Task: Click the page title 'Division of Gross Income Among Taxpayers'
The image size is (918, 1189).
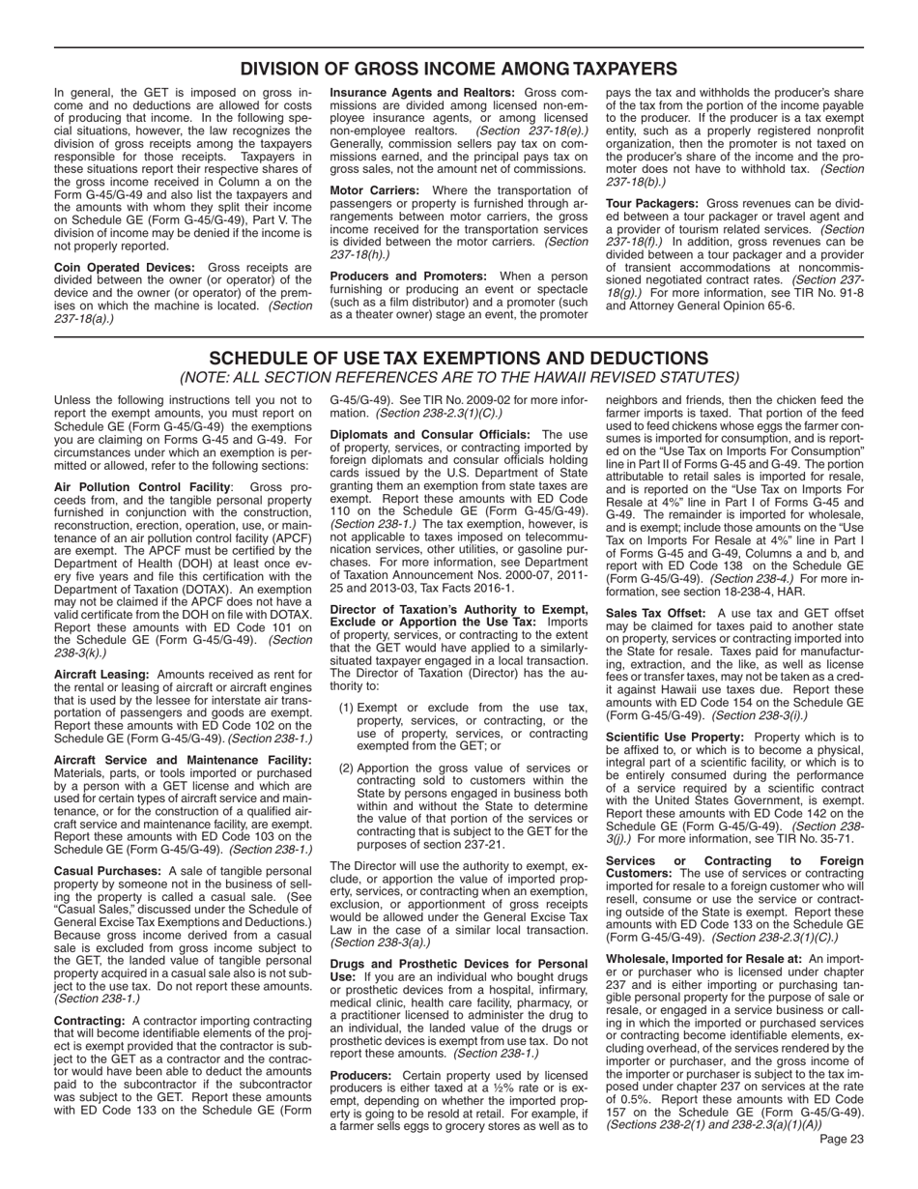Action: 459,69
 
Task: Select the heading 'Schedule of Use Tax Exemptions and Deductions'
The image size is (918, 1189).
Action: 459,358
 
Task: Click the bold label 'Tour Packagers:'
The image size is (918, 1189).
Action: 651,204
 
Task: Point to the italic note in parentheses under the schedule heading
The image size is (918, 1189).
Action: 459,377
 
